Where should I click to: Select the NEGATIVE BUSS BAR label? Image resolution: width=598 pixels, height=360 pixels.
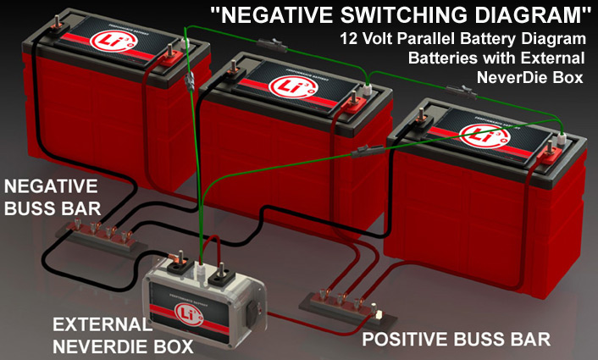[x=50, y=196]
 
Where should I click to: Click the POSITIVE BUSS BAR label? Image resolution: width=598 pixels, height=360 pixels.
[x=457, y=340]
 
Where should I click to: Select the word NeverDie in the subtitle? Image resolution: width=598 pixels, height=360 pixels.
[x=509, y=78]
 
